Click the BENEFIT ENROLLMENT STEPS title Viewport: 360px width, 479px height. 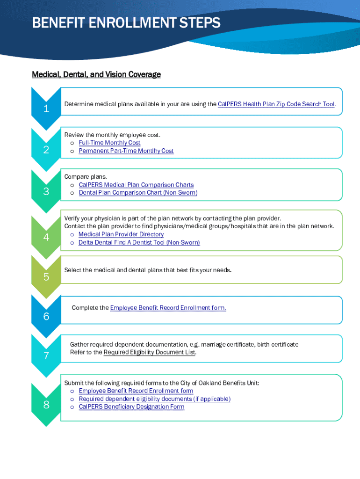click(x=126, y=23)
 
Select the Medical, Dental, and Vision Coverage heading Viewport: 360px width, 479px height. click(x=96, y=74)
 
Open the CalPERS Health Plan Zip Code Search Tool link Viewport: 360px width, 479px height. click(x=276, y=104)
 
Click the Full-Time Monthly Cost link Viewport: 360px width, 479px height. click(x=109, y=143)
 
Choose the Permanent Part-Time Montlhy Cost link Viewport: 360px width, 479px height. click(x=126, y=151)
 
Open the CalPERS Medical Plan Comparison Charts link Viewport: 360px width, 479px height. click(x=136, y=185)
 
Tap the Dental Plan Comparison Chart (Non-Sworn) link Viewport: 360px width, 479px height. click(x=138, y=192)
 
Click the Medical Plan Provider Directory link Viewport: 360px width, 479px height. click(x=121, y=234)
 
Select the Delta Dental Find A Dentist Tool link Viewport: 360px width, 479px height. click(x=139, y=242)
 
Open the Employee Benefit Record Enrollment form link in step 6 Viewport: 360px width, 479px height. click(x=168, y=308)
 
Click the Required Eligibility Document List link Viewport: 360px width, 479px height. click(x=149, y=352)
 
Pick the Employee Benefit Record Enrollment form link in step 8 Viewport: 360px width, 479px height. click(x=136, y=391)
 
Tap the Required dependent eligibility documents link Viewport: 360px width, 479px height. click(x=154, y=399)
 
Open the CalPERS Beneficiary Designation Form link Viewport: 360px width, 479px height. click(x=131, y=406)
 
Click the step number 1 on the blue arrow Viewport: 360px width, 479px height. click(x=46, y=109)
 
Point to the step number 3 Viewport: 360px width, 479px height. click(x=46, y=191)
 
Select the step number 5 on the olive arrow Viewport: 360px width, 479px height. click(x=46, y=277)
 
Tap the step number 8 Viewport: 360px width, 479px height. click(x=46, y=405)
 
